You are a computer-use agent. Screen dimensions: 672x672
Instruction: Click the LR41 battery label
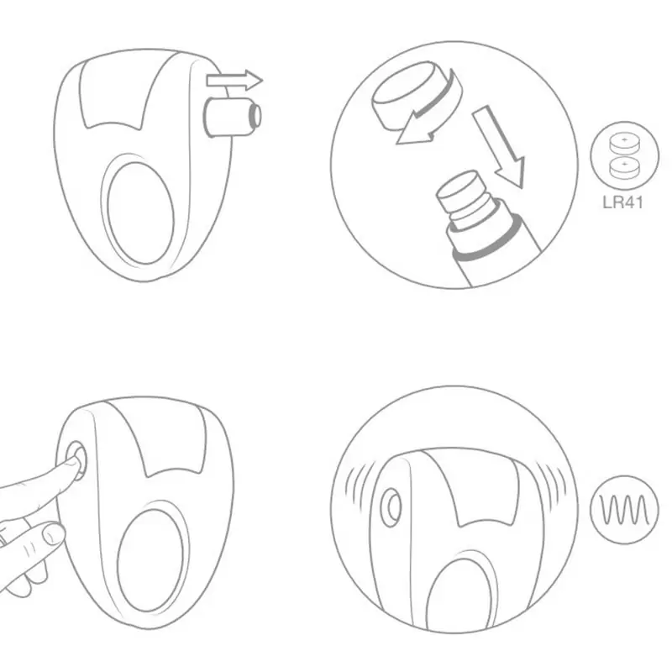(x=622, y=202)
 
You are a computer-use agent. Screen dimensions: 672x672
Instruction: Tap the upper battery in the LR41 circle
(x=624, y=143)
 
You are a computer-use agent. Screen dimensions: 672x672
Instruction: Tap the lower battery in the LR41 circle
(x=624, y=167)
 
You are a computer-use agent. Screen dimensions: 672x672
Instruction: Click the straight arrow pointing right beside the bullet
(x=234, y=80)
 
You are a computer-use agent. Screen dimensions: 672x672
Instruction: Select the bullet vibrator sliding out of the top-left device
(x=232, y=117)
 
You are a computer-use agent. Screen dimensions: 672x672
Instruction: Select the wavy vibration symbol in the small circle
(x=624, y=510)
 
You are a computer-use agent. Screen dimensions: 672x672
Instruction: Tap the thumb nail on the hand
(x=54, y=534)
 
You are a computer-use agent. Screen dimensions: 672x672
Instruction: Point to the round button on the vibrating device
(x=391, y=507)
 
